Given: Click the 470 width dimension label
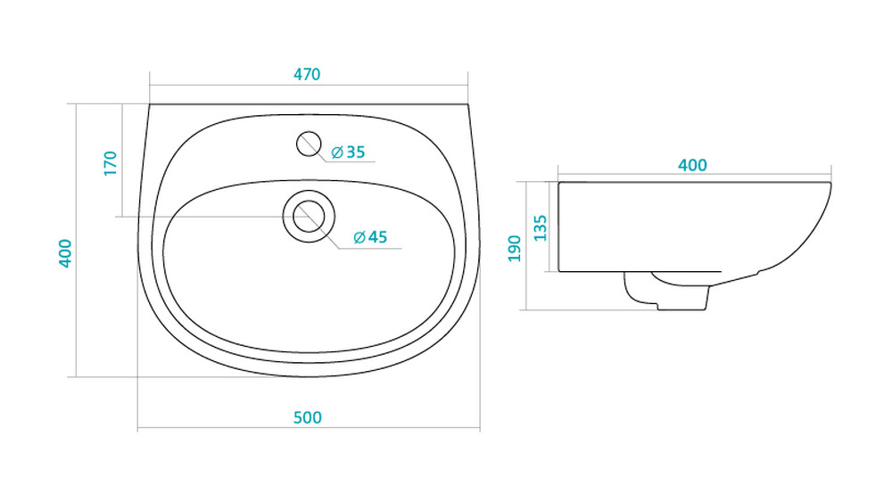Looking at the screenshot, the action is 307,75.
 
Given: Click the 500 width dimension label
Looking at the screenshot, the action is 307,418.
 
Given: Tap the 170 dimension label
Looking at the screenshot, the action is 111,163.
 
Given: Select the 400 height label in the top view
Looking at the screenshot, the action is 65,253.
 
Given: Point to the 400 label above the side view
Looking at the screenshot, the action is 692,166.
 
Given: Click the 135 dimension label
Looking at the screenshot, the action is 541,228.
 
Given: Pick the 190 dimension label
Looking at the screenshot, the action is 515,249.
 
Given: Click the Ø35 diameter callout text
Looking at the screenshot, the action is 348,152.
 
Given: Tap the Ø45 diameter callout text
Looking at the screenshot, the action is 370,237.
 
